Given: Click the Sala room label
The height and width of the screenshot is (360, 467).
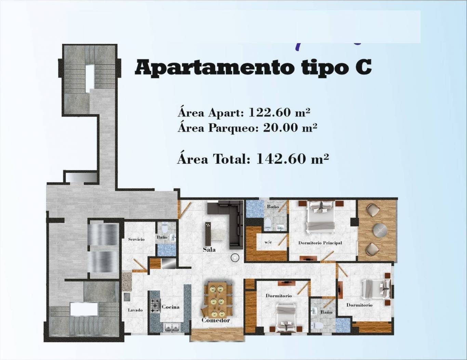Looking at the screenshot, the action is coord(209,250).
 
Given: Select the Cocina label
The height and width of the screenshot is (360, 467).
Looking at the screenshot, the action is coord(170,307).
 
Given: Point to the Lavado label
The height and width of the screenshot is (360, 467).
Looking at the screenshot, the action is coord(135,310).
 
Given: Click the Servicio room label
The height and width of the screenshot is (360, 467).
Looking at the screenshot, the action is coord(136,239).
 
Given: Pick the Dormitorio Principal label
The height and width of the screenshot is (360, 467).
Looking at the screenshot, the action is coord(320,243).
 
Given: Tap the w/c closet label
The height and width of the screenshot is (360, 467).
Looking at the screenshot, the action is coord(268,242).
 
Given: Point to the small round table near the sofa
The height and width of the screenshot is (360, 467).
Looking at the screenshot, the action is coord(235,257).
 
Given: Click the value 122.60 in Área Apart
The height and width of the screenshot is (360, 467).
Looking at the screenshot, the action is coord(267,112).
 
